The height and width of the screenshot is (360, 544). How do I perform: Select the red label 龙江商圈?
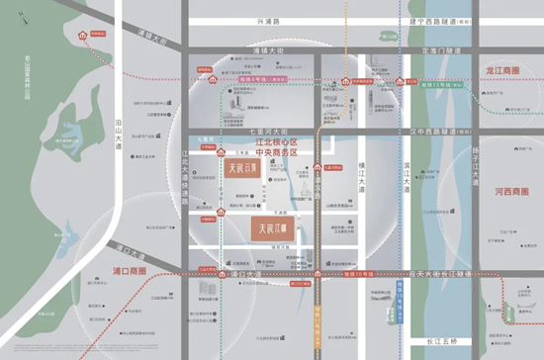point(504,71)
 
